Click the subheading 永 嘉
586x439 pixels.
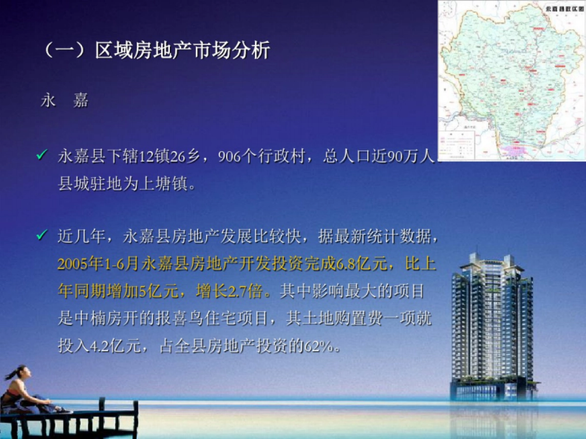click(x=65, y=100)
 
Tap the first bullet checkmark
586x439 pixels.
click(x=42, y=156)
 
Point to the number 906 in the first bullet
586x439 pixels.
click(x=229, y=157)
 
